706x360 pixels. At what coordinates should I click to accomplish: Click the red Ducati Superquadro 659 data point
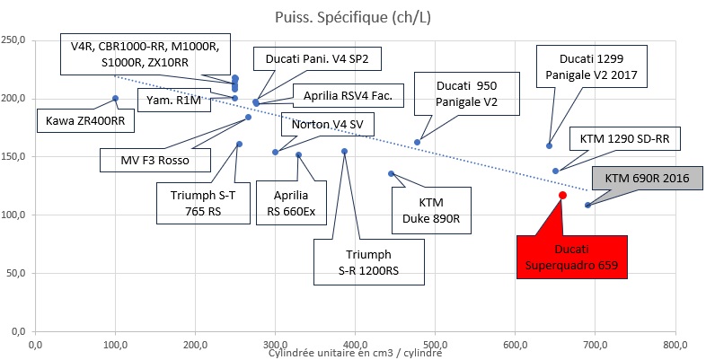[x=562, y=195]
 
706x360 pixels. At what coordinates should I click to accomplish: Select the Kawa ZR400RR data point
[x=115, y=98]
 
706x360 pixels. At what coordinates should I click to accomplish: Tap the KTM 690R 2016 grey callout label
[x=647, y=179]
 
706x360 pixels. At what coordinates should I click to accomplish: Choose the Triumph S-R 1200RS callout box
[x=369, y=262]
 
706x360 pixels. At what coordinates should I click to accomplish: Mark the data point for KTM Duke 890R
[x=392, y=173]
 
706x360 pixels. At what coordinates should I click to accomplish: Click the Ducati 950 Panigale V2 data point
[x=417, y=142]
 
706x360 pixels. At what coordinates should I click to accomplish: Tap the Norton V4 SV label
[x=327, y=124]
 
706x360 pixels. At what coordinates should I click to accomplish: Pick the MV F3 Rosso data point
[x=248, y=117]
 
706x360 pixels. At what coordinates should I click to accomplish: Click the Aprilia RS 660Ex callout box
[x=291, y=203]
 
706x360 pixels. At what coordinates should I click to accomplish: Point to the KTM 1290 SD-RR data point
[x=556, y=171]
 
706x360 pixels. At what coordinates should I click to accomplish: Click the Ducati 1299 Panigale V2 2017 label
[x=592, y=66]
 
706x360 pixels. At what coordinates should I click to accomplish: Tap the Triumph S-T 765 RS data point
[x=239, y=145]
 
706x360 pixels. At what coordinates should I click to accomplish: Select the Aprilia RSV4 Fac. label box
[x=348, y=95]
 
